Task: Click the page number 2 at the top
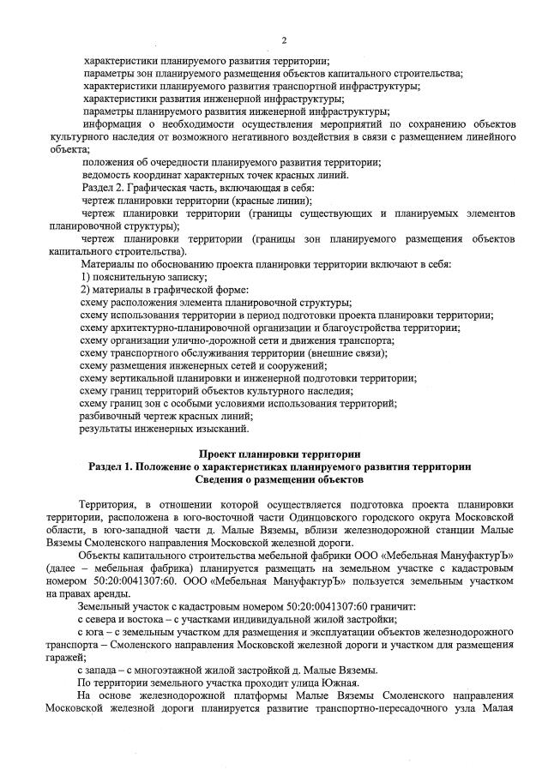283,41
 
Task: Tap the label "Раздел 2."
105,187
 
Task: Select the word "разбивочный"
112,415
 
